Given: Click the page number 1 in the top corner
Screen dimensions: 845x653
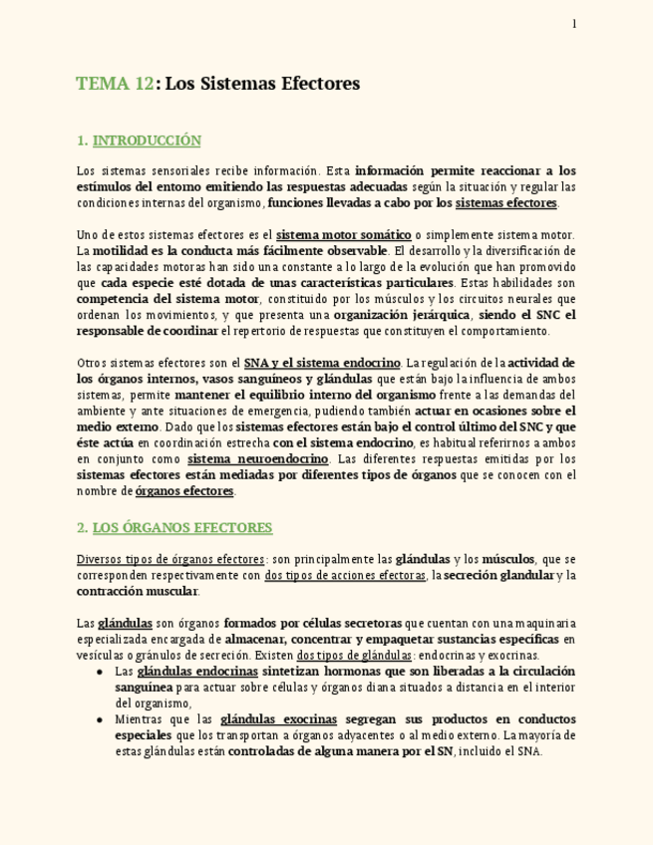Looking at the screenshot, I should point(574,24).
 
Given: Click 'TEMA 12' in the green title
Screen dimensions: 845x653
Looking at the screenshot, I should point(115,85).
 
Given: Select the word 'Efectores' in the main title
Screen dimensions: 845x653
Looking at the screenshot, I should point(321,85).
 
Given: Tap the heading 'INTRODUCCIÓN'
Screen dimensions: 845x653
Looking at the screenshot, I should point(147,141).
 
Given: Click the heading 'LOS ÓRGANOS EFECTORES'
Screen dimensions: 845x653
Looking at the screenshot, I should point(182,528).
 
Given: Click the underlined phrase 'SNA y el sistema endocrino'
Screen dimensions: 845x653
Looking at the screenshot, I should point(322,363).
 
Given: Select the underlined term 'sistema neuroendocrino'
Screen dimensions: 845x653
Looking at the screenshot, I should point(258,459).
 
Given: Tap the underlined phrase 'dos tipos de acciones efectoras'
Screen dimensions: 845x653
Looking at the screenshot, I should point(345,576).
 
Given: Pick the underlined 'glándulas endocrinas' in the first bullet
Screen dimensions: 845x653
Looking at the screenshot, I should point(197,672).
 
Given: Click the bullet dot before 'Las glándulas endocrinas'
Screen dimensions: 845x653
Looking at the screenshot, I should point(101,672).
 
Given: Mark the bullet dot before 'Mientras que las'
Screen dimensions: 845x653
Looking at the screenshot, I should point(101,719).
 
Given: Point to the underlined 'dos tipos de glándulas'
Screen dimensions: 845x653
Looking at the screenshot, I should point(355,656).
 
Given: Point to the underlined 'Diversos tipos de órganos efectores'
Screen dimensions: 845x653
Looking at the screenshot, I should point(170,560).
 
